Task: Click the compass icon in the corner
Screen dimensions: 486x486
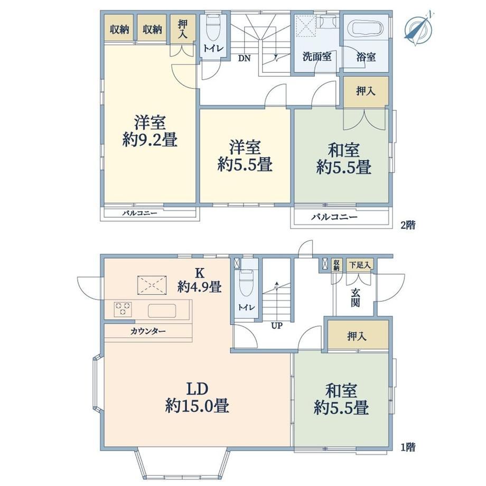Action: pyautogui.click(x=419, y=28)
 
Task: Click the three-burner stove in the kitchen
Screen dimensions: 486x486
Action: pyautogui.click(x=123, y=309)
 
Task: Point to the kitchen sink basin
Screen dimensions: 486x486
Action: pyautogui.click(x=162, y=311)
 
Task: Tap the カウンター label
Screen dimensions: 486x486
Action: pyautogui.click(x=148, y=331)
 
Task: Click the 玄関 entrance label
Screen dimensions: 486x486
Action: pyautogui.click(x=355, y=297)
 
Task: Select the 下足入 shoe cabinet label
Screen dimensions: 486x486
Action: pyautogui.click(x=360, y=265)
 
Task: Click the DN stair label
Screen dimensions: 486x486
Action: pyautogui.click(x=244, y=58)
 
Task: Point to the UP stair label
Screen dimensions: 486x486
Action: pyautogui.click(x=276, y=326)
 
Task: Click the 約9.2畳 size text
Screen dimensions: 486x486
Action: pyautogui.click(x=150, y=140)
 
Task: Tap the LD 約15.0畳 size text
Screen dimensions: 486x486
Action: pyautogui.click(x=198, y=397)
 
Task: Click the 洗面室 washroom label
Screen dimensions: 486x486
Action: pyautogui.click(x=317, y=57)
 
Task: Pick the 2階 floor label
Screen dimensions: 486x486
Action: pyautogui.click(x=408, y=225)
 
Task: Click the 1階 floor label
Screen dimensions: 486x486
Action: pyautogui.click(x=408, y=447)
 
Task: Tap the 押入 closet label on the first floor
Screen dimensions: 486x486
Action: pyautogui.click(x=357, y=336)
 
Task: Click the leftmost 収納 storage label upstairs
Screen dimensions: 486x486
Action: pyautogui.click(x=119, y=30)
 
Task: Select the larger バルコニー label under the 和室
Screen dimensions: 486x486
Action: pyautogui.click(x=334, y=217)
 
